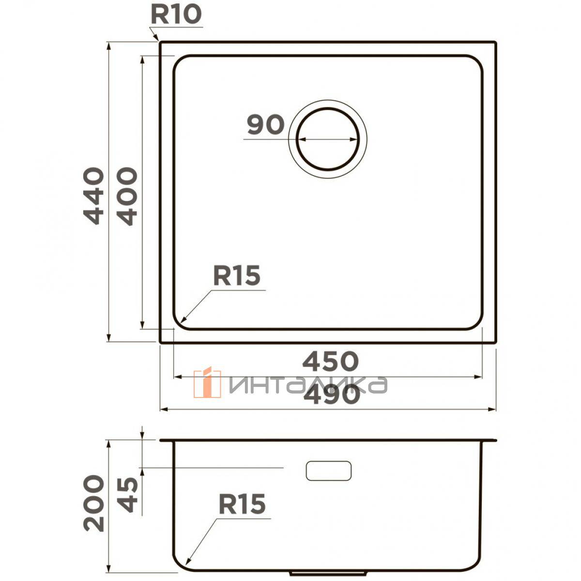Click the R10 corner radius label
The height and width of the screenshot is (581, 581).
[176, 15]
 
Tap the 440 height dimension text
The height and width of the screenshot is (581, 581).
[94, 196]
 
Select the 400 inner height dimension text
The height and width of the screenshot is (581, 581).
[127, 197]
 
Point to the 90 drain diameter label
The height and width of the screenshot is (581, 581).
[266, 124]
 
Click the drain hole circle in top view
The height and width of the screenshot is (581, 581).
[328, 107]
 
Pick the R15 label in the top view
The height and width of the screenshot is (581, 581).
[237, 275]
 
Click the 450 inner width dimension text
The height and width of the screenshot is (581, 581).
[331, 361]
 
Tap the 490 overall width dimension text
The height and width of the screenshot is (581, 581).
[332, 396]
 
